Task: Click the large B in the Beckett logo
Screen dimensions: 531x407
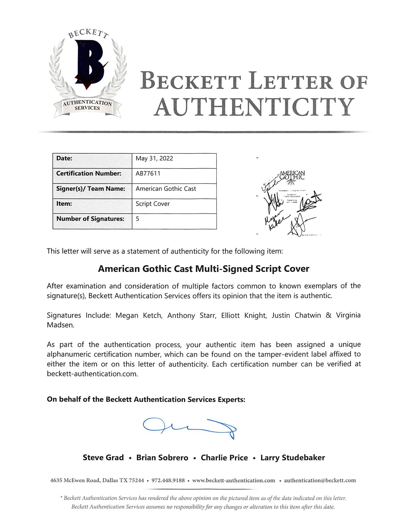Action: (x=88, y=64)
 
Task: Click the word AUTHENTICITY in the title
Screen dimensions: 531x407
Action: (x=255, y=107)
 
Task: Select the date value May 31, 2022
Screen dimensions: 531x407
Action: (x=154, y=159)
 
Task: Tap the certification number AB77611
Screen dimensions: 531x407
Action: (x=148, y=173)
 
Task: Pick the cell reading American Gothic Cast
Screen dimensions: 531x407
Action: (x=166, y=189)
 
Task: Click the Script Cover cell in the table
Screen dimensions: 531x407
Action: (x=152, y=204)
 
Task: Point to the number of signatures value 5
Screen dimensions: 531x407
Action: (x=138, y=219)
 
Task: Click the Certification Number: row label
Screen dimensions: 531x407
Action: (x=89, y=173)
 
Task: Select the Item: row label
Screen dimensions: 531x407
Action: (x=64, y=204)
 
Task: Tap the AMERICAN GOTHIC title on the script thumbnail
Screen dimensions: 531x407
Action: (x=292, y=175)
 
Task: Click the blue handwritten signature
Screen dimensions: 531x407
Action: (x=190, y=427)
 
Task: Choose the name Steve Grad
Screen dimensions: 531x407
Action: (x=103, y=458)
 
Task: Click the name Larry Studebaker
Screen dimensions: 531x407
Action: (x=292, y=458)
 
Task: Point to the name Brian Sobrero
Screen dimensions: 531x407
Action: (x=162, y=458)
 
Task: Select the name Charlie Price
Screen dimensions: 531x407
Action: (x=224, y=458)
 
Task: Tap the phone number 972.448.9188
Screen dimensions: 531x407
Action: (x=168, y=481)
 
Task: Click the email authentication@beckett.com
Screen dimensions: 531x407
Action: (x=320, y=481)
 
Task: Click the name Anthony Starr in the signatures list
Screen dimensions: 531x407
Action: (x=181, y=315)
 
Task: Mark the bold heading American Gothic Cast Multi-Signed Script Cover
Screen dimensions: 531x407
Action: (x=203, y=269)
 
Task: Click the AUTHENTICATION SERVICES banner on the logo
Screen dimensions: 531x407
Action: (x=87, y=105)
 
